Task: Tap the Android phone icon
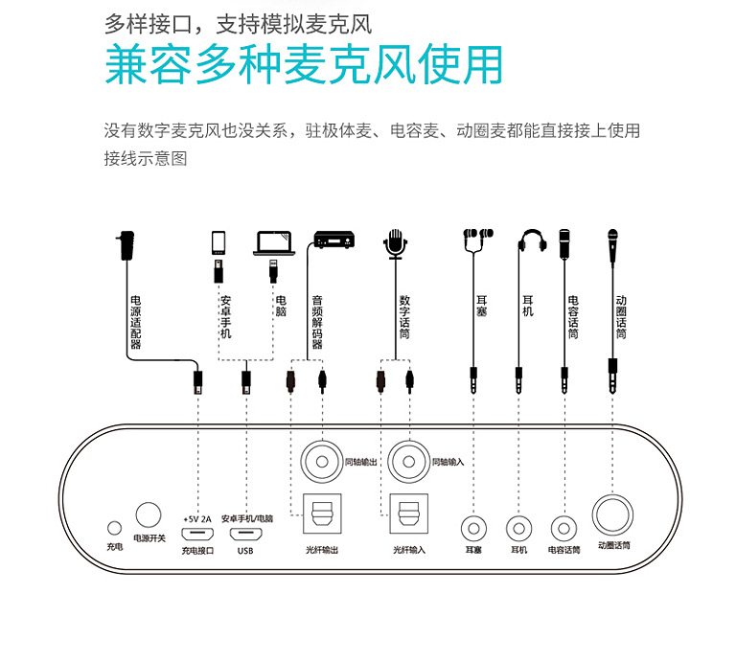pyautogui.click(x=218, y=242)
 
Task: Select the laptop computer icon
pyautogui.click(x=273, y=243)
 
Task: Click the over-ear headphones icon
pyautogui.click(x=532, y=242)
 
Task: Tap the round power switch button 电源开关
pyautogui.click(x=149, y=514)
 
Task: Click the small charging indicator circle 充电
pyautogui.click(x=115, y=528)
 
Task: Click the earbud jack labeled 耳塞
pyautogui.click(x=473, y=528)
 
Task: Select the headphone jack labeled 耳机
pyautogui.click(x=519, y=528)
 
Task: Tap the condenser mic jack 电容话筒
pyautogui.click(x=563, y=528)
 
